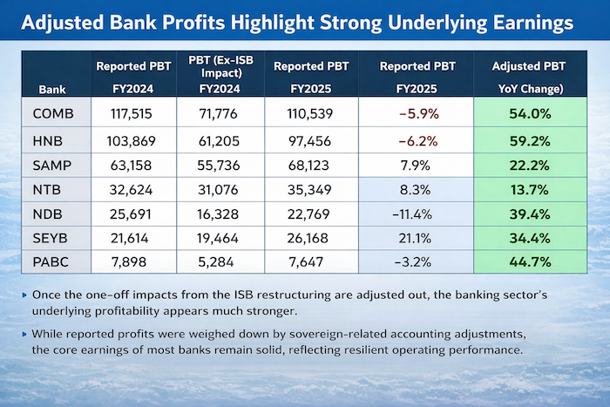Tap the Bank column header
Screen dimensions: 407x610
click(x=51, y=89)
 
